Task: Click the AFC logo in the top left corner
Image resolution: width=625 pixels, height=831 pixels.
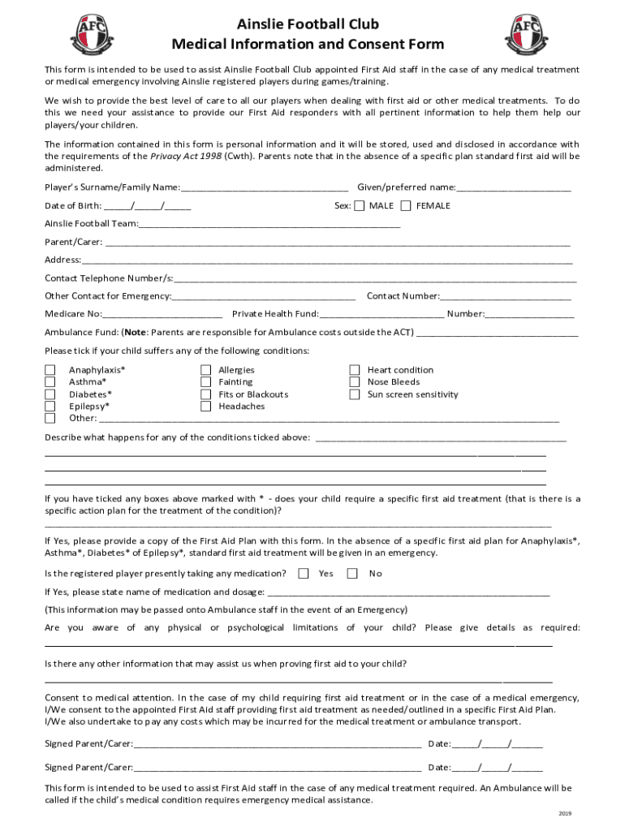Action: click(92, 32)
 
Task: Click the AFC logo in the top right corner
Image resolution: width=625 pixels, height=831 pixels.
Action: click(527, 32)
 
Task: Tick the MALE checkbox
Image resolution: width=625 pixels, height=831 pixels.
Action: click(360, 206)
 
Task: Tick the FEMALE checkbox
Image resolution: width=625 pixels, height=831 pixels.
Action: click(406, 206)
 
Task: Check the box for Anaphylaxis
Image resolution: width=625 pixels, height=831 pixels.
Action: click(50, 370)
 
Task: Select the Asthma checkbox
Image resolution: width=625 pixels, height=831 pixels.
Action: click(50, 382)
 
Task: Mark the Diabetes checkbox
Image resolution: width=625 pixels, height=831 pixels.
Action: click(50, 394)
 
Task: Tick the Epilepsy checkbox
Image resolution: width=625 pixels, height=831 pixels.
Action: click(50, 407)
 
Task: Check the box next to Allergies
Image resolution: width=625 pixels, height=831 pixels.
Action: click(206, 370)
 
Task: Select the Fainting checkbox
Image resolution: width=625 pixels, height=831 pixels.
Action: click(206, 382)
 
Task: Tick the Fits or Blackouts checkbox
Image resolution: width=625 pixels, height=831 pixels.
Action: click(206, 394)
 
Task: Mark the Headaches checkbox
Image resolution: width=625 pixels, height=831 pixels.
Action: click(206, 407)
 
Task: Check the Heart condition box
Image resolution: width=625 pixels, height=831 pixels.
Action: click(355, 370)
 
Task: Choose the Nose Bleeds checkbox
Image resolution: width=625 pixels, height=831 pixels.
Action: click(355, 382)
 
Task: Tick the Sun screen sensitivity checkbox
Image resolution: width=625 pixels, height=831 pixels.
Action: click(355, 394)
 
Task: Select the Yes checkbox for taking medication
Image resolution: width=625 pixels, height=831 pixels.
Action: click(304, 574)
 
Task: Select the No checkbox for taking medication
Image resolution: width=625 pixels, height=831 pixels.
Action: click(352, 574)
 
